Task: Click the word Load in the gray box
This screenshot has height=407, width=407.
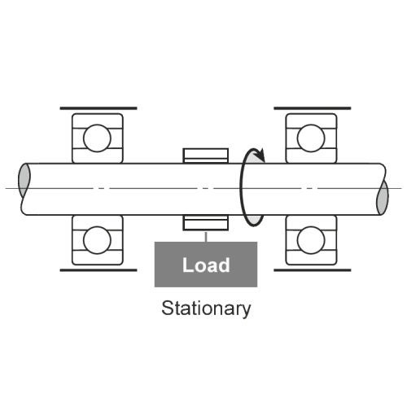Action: point(206,265)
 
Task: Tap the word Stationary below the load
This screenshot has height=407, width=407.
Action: point(206,309)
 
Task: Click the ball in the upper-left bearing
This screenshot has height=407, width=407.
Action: point(97,138)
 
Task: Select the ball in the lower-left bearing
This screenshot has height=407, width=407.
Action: point(97,240)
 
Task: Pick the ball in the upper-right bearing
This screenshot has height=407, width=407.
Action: point(311,138)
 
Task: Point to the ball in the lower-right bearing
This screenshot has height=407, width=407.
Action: point(311,240)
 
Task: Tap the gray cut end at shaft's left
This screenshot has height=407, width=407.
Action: point(24,181)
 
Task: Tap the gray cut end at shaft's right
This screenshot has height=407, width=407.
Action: point(383,198)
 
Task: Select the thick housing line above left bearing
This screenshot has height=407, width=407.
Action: point(98,108)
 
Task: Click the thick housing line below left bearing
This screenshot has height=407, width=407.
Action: point(98,270)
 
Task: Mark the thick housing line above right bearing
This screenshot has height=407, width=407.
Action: point(313,108)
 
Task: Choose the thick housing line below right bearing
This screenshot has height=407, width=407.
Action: point(313,270)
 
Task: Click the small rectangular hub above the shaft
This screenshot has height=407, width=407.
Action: point(206,155)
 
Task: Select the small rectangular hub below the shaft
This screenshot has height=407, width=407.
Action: point(206,223)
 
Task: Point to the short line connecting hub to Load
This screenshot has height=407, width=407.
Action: point(206,237)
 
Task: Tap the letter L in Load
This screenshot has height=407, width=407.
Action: point(188,265)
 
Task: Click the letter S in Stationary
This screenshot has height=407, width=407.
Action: point(168,308)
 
